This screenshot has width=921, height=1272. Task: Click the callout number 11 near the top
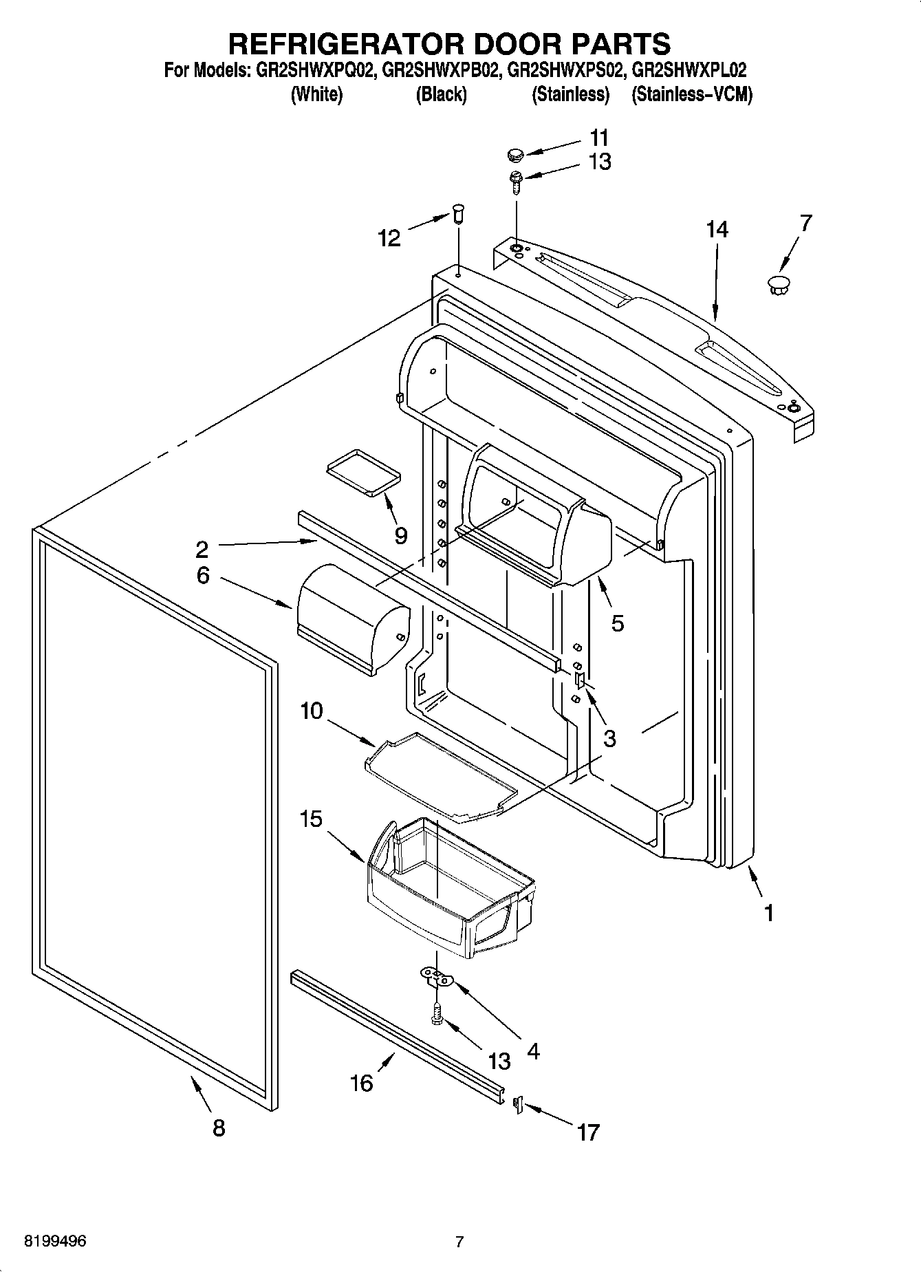coord(599,137)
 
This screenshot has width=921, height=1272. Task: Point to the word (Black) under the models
coord(441,94)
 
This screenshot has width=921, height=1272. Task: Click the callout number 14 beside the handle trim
coord(717,228)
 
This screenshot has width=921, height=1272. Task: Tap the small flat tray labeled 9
coord(362,472)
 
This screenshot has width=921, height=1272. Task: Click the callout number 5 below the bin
coord(617,623)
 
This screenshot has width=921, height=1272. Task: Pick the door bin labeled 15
coord(447,884)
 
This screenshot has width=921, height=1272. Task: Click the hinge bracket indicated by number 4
coord(437,976)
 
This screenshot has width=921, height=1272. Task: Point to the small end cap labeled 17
coord(519,1104)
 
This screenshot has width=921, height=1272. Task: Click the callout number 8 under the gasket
coord(218,1128)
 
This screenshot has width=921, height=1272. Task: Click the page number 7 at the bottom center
coord(459,1242)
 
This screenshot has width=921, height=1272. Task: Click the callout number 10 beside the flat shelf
coord(311,710)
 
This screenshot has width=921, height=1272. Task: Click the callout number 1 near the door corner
coord(769,914)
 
